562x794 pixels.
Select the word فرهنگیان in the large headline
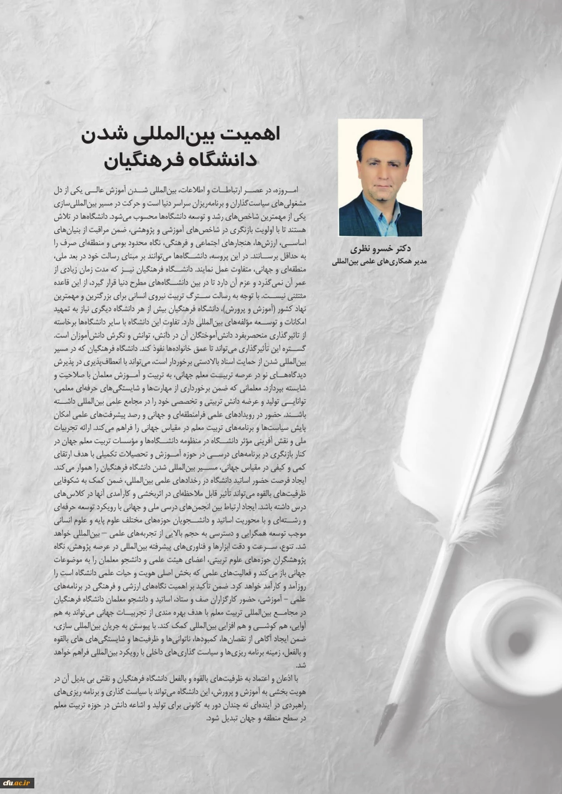pos(140,160)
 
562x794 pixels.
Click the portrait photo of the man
pos(380,178)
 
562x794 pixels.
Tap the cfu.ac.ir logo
pos(16,783)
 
